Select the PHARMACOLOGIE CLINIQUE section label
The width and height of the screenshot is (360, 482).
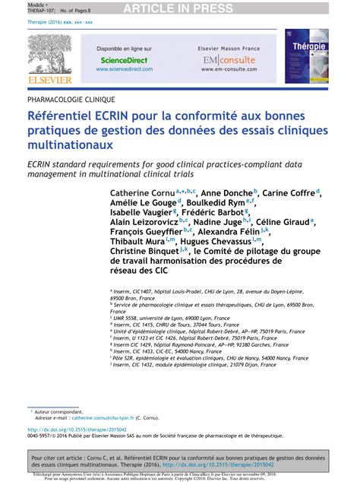click(71, 100)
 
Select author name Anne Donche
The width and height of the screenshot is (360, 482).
click(227, 193)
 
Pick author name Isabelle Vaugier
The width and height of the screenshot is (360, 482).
click(141, 214)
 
